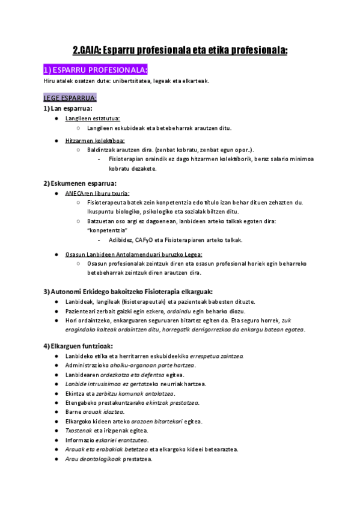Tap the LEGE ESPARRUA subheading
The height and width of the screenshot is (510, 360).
[x=70, y=97]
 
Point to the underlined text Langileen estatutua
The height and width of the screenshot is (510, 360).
[x=93, y=118]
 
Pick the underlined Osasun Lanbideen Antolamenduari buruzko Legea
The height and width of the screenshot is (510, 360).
[x=134, y=254]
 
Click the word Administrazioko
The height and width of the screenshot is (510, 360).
[x=86, y=366]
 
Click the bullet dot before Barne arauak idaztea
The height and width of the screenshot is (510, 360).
[x=56, y=412]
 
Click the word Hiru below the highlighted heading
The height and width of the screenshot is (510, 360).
[x=50, y=81]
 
